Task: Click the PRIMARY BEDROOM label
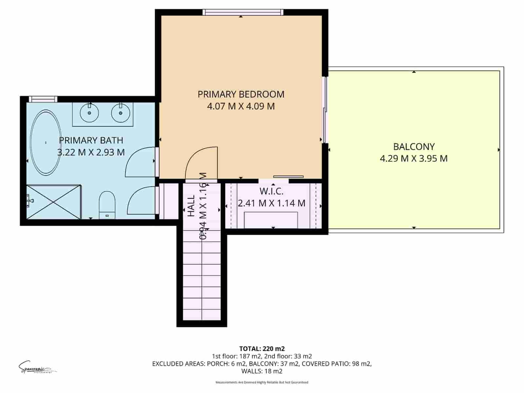[241, 94]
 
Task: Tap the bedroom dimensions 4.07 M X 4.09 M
[241, 106]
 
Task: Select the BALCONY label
[414, 146]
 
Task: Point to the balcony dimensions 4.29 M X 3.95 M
[414, 159]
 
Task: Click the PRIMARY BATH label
[91, 140]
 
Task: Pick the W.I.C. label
[271, 191]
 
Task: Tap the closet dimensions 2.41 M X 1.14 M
[271, 203]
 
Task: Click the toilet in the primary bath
[107, 205]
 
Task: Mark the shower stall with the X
[53, 202]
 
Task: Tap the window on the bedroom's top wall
[242, 12]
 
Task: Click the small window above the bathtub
[43, 99]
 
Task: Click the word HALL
[191, 206]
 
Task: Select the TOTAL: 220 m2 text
[262, 348]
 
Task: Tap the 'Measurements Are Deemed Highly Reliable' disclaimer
[262, 382]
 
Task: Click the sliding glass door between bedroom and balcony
[325, 110]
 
